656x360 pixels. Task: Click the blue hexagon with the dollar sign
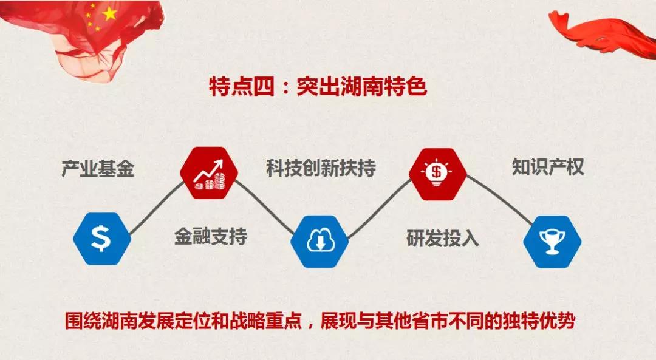click(x=101, y=239)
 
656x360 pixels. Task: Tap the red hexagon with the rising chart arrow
click(x=209, y=173)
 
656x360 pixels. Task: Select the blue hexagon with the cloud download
click(x=320, y=241)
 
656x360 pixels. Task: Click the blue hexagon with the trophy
click(x=552, y=241)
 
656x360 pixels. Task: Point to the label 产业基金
click(x=98, y=169)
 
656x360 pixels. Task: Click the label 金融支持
click(x=210, y=236)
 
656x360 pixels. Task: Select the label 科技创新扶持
click(x=321, y=168)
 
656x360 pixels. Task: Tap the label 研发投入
click(x=443, y=239)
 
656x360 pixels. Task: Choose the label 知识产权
click(x=548, y=167)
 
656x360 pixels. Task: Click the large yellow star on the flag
click(x=109, y=14)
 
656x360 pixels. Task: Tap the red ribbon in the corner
click(x=603, y=32)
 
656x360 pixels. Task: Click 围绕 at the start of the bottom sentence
click(x=83, y=321)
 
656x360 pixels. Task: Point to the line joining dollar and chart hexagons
click(x=156, y=208)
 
